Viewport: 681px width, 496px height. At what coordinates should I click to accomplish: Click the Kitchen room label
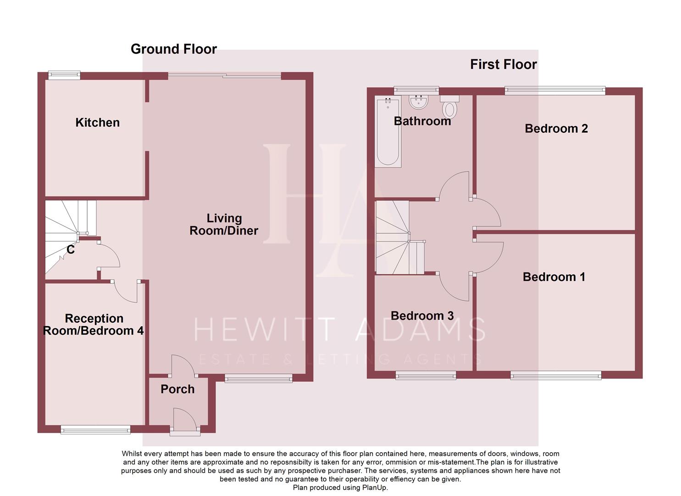click(x=97, y=123)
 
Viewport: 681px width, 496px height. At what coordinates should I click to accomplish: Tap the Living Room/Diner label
click(x=224, y=225)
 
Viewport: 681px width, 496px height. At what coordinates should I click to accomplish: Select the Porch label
click(x=177, y=389)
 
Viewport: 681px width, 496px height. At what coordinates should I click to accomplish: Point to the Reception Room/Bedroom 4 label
click(x=94, y=325)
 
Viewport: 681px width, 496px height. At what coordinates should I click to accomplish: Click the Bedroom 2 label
click(x=556, y=129)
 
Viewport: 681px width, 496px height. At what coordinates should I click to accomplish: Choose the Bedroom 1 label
click(x=554, y=277)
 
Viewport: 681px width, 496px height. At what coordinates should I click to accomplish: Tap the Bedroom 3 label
click(x=422, y=316)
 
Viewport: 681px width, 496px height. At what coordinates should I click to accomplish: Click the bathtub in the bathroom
click(x=388, y=132)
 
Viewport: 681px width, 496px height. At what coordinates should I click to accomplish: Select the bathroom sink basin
click(x=418, y=102)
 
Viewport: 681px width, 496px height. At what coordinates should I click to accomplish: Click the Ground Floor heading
click(x=173, y=49)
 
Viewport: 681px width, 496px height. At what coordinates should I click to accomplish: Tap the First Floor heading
click(x=503, y=64)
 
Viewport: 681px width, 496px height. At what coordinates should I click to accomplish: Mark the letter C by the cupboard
click(x=71, y=249)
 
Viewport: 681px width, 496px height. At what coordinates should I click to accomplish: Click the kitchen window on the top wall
click(x=64, y=74)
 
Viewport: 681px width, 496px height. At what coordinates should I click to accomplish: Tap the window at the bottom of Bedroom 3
click(x=426, y=376)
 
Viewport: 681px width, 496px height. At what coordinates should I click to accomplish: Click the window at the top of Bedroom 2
click(x=555, y=90)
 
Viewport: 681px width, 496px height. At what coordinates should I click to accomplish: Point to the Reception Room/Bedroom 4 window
click(x=95, y=429)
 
